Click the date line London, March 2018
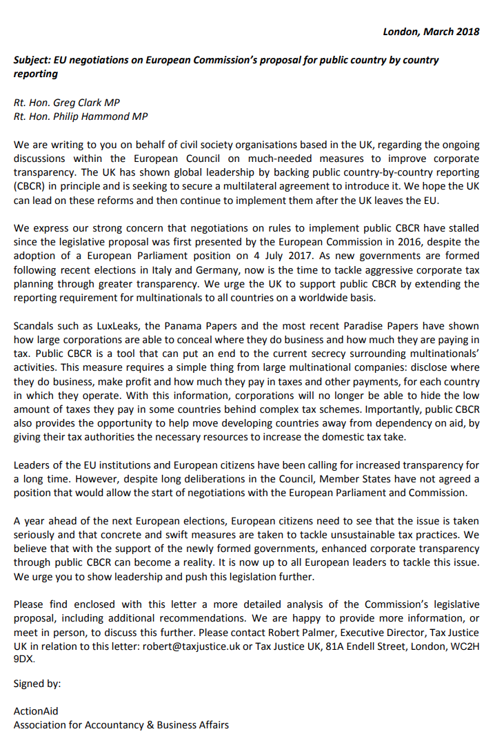[431, 32]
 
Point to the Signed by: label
[37, 684]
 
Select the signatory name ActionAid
[36, 711]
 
